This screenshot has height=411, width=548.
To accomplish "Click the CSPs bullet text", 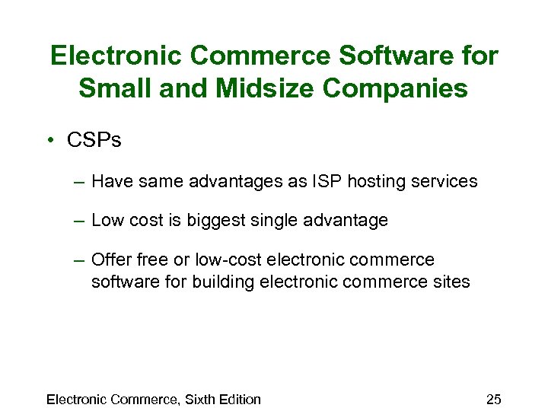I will coord(94,141).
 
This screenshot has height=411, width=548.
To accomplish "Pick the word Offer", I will coord(110,260).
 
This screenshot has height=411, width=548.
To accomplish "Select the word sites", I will coord(452,282).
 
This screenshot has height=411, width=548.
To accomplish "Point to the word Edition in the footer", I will coord(238,400).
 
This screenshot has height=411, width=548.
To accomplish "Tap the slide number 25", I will coord(493,400).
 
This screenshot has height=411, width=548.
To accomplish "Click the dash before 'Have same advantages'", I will coord(80,182).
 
